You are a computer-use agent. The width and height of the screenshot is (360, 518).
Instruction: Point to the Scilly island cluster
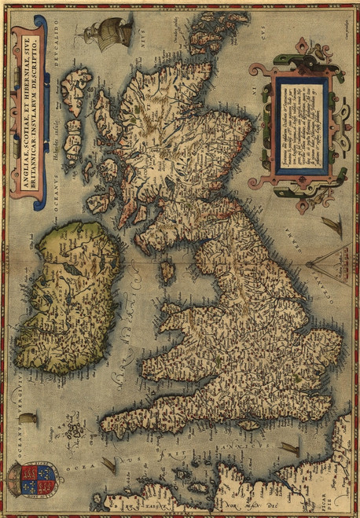[x=75, y=429]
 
